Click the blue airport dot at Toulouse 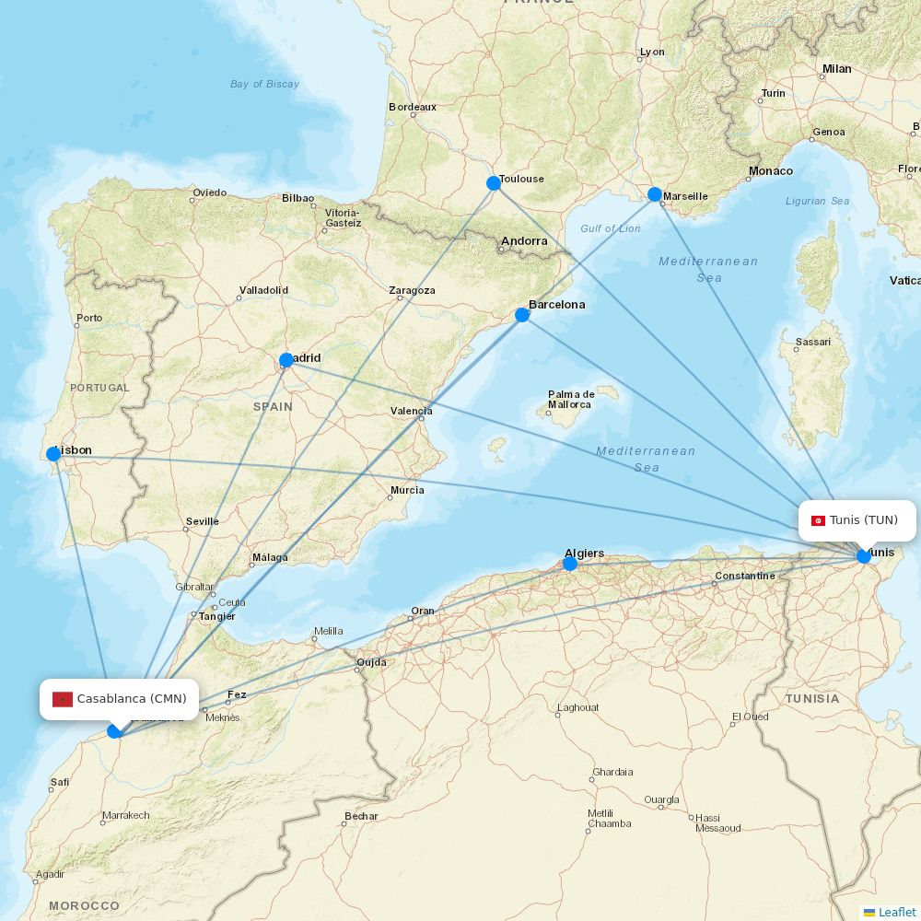(x=494, y=183)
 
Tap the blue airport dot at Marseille (x=655, y=194)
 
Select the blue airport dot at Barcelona (x=522, y=315)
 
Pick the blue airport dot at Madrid (x=286, y=360)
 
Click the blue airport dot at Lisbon (x=53, y=454)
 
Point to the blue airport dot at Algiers (x=570, y=564)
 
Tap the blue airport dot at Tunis (x=864, y=556)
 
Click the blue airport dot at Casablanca (x=114, y=731)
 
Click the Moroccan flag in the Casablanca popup (x=63, y=699)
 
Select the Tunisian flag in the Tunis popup (x=818, y=520)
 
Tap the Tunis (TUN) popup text (x=864, y=520)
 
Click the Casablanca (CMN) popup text (x=132, y=699)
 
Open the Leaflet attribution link (x=897, y=912)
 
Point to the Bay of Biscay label (x=264, y=84)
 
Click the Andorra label (x=524, y=242)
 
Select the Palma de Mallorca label (x=570, y=399)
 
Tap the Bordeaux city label (x=413, y=107)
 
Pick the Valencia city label (x=412, y=411)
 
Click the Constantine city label (x=745, y=576)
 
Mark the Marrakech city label (x=126, y=815)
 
